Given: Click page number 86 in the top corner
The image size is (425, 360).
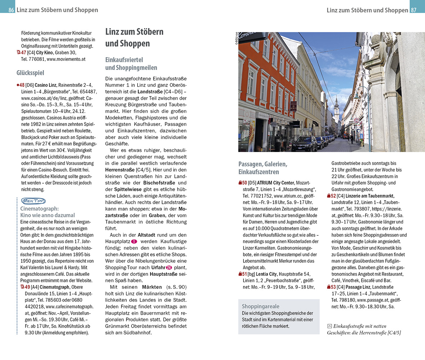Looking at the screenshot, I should pyautogui.click(x=11, y=10).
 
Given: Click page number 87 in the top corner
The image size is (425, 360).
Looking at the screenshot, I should pyautogui.click(x=413, y=10).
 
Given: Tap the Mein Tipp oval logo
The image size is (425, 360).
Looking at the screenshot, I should pyautogui.click(x=33, y=201).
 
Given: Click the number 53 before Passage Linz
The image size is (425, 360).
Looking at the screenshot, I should pyautogui.click(x=333, y=287).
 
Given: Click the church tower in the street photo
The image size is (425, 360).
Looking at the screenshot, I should pyautogui.click(x=336, y=106).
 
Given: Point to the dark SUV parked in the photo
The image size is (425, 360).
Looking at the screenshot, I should pyautogui.click(x=304, y=143).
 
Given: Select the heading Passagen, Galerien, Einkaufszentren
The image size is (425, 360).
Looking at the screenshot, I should pyautogui.click(x=263, y=168).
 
